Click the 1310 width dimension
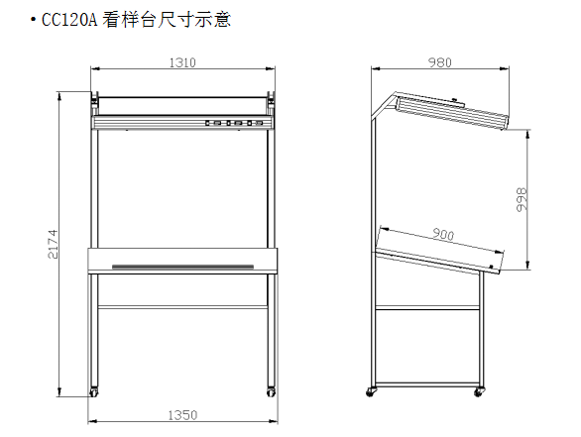coord(182,62)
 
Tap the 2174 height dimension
coord(53,244)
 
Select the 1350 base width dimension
coord(182,415)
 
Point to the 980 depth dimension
coord(440,62)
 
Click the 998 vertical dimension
coord(522,199)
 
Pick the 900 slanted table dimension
coord(443,235)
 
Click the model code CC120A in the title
coord(69,20)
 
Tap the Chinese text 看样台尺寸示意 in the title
coord(167,19)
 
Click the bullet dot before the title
coord(34,19)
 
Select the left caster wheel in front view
coord(94,392)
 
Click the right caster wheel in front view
coord(271,392)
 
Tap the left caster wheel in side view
coord(370,392)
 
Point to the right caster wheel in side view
coord(478,392)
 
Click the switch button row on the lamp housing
coord(234,123)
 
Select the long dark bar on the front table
coord(182,267)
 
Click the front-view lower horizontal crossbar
coord(182,307)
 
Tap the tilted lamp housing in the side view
coord(452,111)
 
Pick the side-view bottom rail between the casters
coord(427,384)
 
